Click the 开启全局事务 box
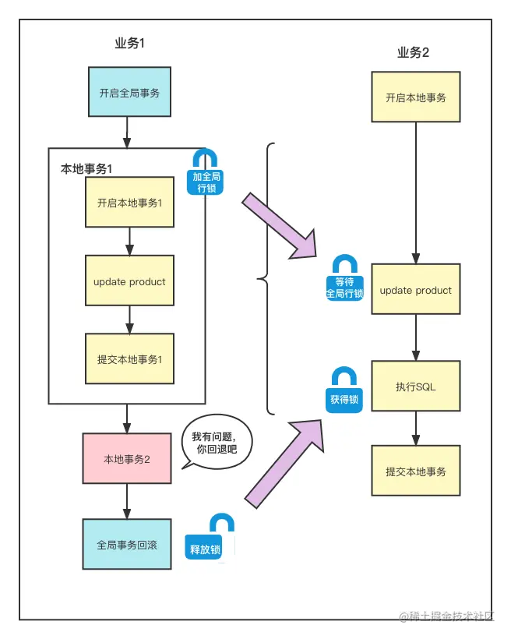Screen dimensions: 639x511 point(129,93)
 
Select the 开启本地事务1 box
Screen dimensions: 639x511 point(129,204)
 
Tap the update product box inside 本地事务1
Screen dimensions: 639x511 point(129,281)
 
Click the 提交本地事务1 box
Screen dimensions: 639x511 point(129,359)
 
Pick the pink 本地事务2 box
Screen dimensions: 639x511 point(126,459)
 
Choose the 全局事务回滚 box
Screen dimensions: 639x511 point(126,545)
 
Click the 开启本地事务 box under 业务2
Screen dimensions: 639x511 point(416,97)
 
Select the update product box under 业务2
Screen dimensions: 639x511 point(416,290)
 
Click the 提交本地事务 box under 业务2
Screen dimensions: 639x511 point(416,471)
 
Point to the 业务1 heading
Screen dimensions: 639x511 point(130,44)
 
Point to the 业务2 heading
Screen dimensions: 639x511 point(413,53)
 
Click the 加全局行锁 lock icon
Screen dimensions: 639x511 point(206,172)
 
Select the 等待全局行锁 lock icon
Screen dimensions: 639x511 point(344,279)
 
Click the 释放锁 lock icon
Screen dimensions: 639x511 point(206,538)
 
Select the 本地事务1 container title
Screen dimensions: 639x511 point(87,168)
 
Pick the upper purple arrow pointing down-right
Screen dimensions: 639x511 point(280,226)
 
